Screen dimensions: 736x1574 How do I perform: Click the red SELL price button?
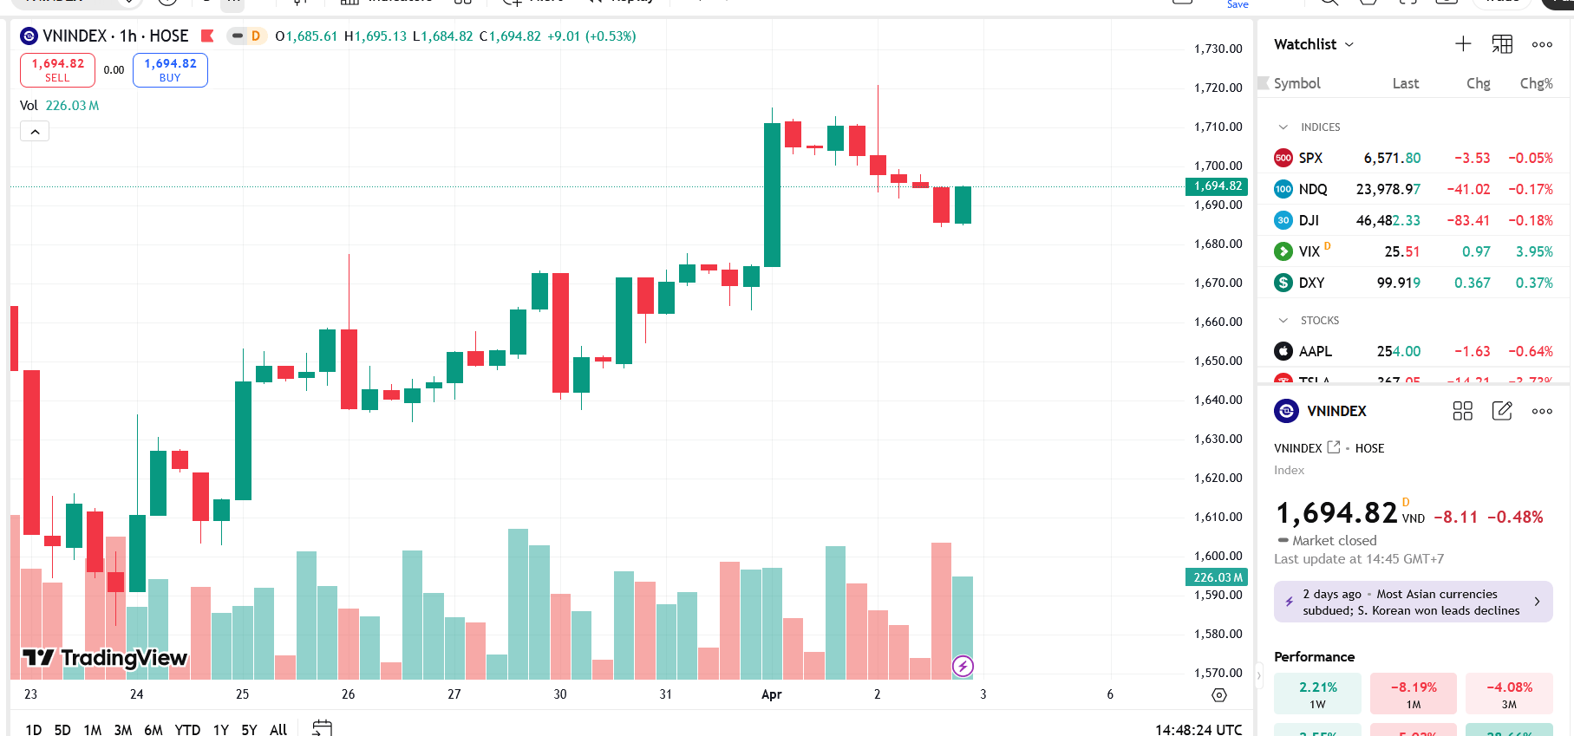click(57, 69)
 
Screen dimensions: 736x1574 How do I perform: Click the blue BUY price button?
click(170, 69)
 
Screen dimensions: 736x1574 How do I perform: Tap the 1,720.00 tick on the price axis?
click(1218, 88)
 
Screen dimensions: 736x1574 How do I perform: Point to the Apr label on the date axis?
click(771, 694)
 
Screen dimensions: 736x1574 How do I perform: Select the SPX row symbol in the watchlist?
click(1309, 158)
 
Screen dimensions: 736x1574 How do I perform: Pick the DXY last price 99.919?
click(1398, 283)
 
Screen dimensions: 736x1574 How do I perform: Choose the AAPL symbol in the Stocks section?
click(1315, 351)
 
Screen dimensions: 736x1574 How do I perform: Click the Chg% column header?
click(1536, 83)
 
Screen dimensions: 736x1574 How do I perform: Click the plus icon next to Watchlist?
click(1463, 44)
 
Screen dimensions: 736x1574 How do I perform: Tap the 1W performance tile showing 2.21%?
click(1317, 694)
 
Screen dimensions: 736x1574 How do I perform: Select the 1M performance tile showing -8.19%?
click(1414, 694)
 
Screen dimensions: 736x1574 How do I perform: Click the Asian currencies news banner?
click(1412, 602)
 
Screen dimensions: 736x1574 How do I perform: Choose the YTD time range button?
click(187, 729)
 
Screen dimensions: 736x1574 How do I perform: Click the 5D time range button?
click(62, 729)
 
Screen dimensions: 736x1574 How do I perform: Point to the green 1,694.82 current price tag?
click(1218, 186)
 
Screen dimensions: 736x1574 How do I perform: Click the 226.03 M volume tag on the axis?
click(1218, 577)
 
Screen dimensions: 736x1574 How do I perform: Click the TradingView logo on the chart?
click(104, 658)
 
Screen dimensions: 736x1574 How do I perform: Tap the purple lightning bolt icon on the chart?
click(963, 666)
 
